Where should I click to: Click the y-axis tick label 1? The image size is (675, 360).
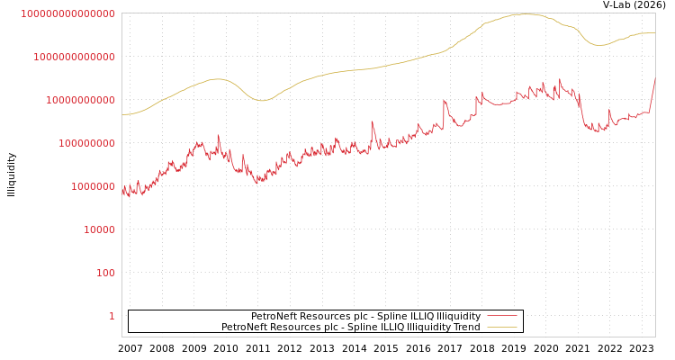pyautogui.click(x=112, y=316)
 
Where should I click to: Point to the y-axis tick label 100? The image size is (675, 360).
pyautogui.click(x=105, y=273)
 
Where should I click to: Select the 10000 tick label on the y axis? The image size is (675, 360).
pyautogui.click(x=99, y=229)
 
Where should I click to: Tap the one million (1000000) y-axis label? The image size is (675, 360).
pyautogui.click(x=93, y=186)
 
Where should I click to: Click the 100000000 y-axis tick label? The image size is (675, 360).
pyautogui.click(x=86, y=143)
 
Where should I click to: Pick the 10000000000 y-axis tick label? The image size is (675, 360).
pyautogui.click(x=80, y=100)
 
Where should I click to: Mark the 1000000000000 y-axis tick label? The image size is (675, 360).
pyautogui.click(x=74, y=57)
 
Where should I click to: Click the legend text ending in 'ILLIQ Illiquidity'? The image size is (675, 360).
pyautogui.click(x=365, y=317)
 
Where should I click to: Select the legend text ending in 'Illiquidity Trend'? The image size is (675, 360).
pyautogui.click(x=351, y=328)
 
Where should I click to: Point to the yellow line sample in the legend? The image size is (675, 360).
pyautogui.click(x=501, y=328)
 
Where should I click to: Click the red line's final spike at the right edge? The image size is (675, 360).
pyautogui.click(x=654, y=78)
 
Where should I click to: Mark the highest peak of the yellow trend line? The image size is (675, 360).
pyautogui.click(x=525, y=13)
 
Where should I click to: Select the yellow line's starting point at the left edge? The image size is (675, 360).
pyautogui.click(x=122, y=114)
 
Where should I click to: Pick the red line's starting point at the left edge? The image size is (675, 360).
pyautogui.click(x=122, y=189)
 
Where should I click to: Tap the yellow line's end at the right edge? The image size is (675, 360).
pyautogui.click(x=654, y=33)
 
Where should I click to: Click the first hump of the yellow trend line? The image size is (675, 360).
pyautogui.click(x=217, y=79)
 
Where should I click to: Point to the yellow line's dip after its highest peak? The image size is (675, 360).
pyautogui.click(x=600, y=45)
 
